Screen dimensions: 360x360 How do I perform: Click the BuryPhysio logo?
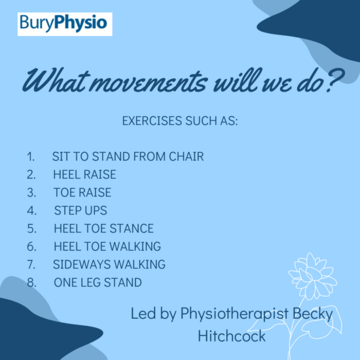(65, 24)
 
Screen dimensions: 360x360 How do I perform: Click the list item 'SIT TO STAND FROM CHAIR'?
(128, 157)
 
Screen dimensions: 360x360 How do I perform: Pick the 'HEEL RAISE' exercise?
(84, 175)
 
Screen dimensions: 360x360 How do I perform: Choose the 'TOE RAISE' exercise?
(82, 192)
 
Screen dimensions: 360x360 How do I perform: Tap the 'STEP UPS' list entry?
(81, 211)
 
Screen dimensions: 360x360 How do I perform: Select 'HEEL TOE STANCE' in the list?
(103, 228)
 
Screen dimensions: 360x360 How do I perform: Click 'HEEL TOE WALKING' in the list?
(107, 247)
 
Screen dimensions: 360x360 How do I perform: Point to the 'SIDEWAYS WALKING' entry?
(109, 264)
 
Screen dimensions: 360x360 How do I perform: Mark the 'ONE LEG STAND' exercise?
(98, 283)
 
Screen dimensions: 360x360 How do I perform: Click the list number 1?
(31, 157)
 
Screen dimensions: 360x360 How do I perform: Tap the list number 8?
(31, 283)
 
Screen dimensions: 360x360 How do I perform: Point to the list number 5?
(31, 228)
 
